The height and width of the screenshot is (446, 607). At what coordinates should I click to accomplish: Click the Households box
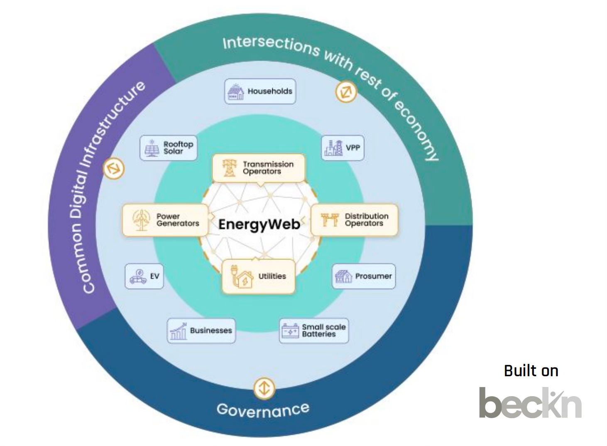(x=260, y=91)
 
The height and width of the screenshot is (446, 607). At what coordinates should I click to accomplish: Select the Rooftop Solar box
(x=168, y=148)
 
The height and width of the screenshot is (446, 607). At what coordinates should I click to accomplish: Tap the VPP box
(x=343, y=148)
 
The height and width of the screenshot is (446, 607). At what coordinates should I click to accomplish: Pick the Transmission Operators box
(x=258, y=168)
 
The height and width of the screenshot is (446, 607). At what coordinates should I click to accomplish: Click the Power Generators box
(x=165, y=220)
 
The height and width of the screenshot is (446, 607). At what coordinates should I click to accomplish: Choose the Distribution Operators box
(x=354, y=220)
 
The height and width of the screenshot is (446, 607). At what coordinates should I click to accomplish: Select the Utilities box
(x=258, y=277)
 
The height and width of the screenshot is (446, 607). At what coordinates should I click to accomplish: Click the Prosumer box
(x=364, y=277)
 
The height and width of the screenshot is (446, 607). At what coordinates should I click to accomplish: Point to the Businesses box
(x=201, y=331)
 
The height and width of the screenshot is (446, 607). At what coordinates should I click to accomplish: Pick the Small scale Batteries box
(x=313, y=331)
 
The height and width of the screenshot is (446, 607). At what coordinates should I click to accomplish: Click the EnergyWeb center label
(x=259, y=224)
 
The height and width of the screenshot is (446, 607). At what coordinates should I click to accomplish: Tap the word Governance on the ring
(x=263, y=409)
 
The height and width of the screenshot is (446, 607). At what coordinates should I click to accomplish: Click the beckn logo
(x=530, y=403)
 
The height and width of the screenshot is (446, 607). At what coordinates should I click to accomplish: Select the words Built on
(x=531, y=371)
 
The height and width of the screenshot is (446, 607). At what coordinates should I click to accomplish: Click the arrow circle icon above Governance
(x=264, y=389)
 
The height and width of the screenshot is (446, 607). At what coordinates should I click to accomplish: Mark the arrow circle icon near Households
(x=346, y=92)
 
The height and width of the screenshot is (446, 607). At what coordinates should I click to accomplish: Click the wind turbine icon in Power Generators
(x=141, y=220)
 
